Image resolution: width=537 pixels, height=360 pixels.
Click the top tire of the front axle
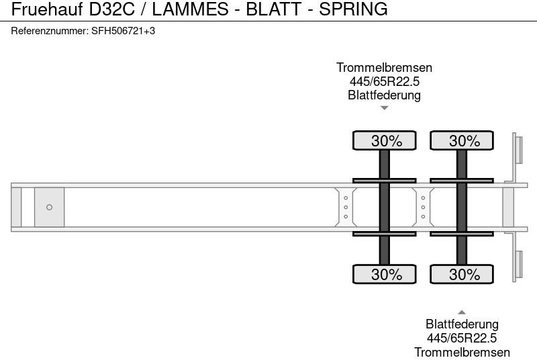[385, 140]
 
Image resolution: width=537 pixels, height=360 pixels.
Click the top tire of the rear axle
[462, 140]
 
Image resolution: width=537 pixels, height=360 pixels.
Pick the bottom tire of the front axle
[385, 274]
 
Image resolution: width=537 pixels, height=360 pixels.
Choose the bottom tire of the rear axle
[462, 274]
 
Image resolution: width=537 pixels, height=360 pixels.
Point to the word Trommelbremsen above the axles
[384, 68]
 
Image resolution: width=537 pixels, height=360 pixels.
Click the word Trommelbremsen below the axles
[462, 352]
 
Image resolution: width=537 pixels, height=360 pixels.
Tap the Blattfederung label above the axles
[384, 95]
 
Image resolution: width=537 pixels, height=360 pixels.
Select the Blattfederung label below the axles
[462, 324]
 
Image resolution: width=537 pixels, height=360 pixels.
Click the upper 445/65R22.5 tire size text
[384, 81]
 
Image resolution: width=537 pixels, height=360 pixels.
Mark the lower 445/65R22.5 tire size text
[462, 338]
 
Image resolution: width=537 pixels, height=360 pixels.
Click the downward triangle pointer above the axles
[384, 107]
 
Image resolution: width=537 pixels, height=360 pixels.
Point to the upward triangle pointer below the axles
[462, 312]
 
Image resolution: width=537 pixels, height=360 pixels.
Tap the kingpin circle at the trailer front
[49, 208]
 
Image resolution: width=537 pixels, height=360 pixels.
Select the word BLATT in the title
[277, 9]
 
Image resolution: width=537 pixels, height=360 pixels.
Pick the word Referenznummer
[49, 31]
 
